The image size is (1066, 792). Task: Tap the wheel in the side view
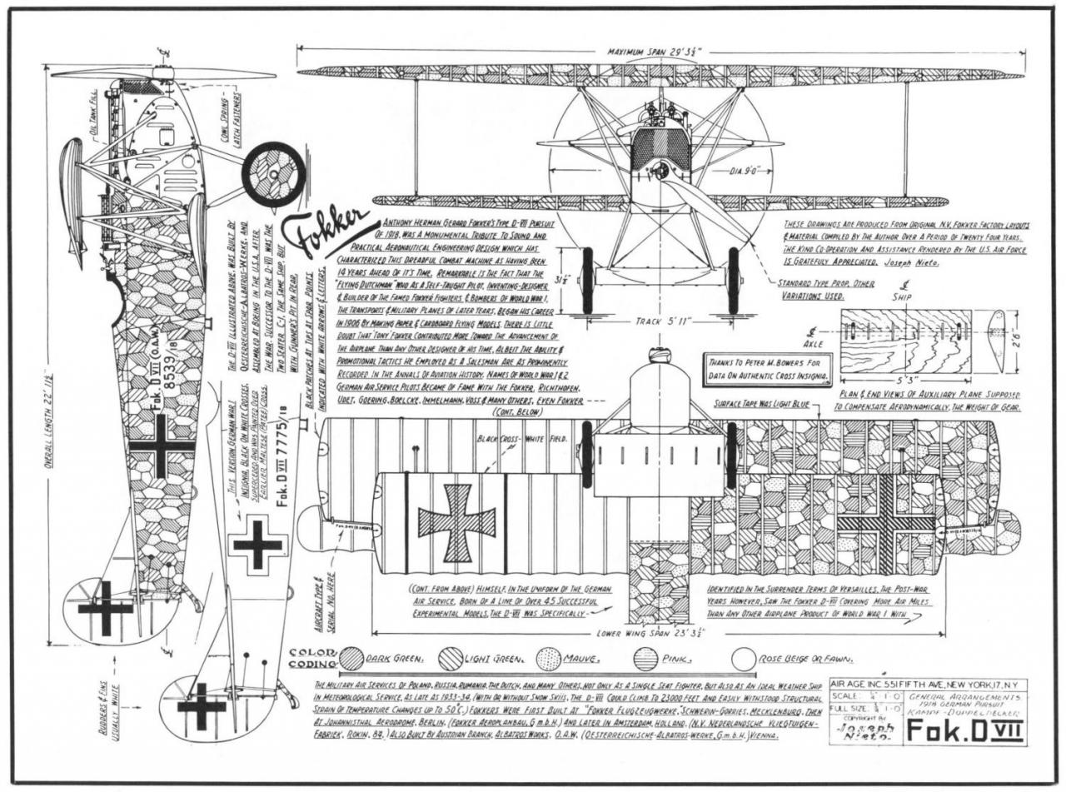point(273,174)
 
